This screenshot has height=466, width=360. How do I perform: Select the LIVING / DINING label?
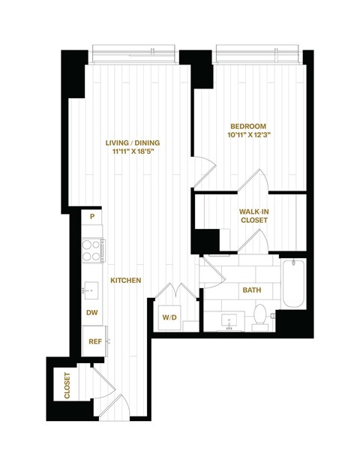tap(132, 143)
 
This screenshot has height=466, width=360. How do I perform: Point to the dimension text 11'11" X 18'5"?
tap(132, 154)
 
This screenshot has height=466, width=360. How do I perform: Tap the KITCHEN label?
tap(126, 280)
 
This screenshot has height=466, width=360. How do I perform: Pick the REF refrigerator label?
tap(94, 341)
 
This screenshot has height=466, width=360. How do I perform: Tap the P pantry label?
tap(91, 217)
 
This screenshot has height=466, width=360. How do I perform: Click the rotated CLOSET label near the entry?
tap(67, 386)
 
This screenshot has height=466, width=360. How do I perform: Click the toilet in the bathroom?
tap(261, 316)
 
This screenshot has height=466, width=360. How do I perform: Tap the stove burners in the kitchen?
tap(92, 250)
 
